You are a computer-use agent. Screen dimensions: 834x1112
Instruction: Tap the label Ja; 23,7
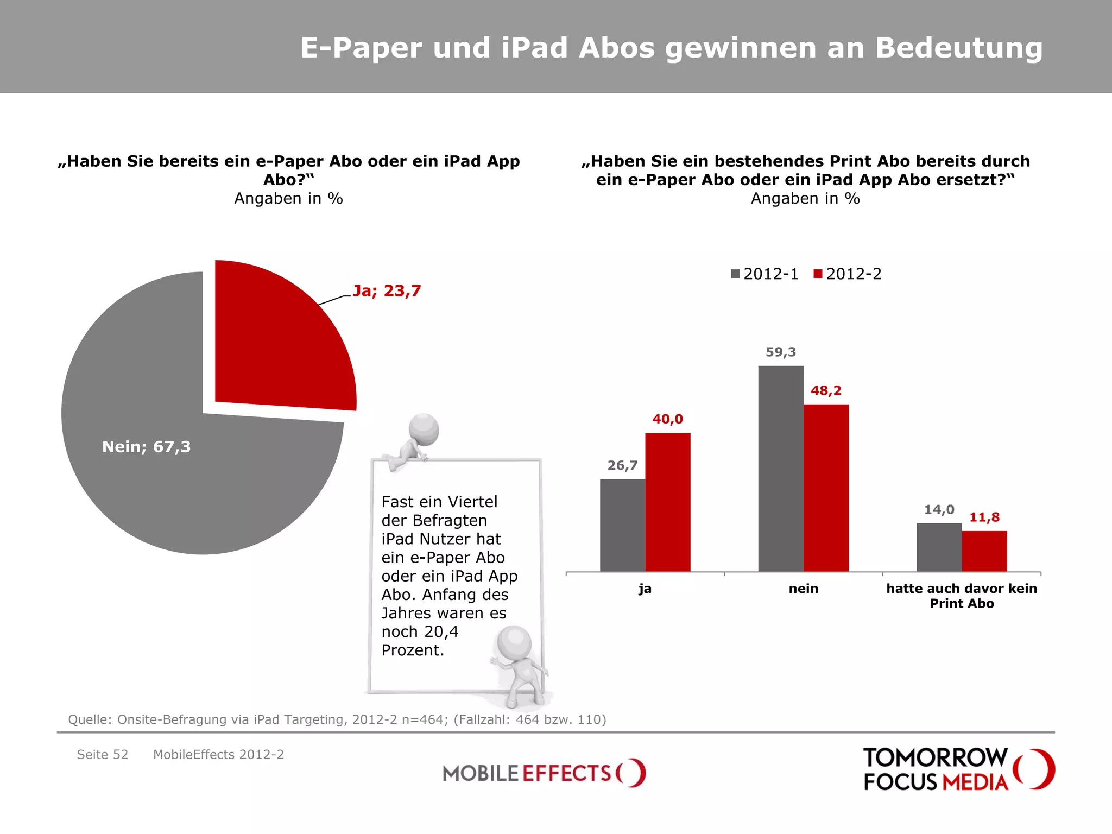(387, 291)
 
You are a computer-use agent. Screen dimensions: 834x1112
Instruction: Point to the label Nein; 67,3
(147, 447)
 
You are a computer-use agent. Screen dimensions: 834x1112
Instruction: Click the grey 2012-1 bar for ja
(622, 525)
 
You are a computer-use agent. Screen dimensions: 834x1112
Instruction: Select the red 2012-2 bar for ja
(667, 502)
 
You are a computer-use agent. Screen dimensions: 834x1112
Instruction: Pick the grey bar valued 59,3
(780, 469)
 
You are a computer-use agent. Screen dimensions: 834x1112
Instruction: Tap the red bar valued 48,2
(826, 488)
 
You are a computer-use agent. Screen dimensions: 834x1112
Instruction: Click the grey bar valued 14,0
(939, 547)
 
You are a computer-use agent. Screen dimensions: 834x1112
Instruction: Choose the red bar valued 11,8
(984, 551)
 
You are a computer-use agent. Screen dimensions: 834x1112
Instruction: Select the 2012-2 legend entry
(848, 274)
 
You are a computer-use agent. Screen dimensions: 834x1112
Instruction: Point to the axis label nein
(803, 589)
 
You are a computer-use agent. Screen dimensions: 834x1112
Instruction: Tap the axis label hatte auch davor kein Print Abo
(962, 596)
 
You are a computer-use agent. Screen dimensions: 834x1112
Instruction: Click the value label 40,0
(667, 419)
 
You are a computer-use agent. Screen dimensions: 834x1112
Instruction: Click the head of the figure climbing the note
(424, 429)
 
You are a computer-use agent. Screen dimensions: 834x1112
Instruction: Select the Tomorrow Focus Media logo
(958, 769)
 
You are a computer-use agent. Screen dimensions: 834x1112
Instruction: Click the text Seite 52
(102, 755)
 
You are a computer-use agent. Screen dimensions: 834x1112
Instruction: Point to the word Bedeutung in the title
(959, 48)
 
